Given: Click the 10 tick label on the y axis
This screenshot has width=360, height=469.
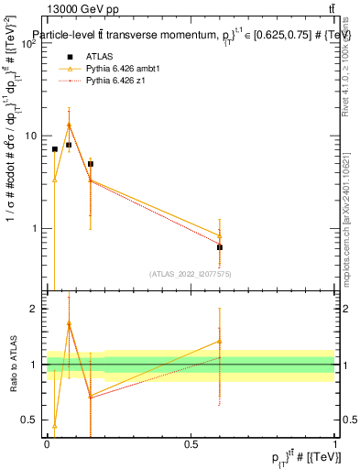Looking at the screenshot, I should (31, 136).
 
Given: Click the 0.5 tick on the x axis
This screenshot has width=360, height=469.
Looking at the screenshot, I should (191, 442).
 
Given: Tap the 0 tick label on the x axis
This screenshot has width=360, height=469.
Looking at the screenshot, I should (47, 442).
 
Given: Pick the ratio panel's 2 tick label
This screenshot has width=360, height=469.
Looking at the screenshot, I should (34, 309).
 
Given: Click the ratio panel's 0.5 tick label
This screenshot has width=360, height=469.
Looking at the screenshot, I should (28, 420).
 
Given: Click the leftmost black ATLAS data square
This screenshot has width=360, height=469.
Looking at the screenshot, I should (55, 148).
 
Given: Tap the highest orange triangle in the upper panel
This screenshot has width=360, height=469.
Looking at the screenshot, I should (69, 125).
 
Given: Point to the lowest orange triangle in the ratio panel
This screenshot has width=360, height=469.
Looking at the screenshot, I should (55, 426).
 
